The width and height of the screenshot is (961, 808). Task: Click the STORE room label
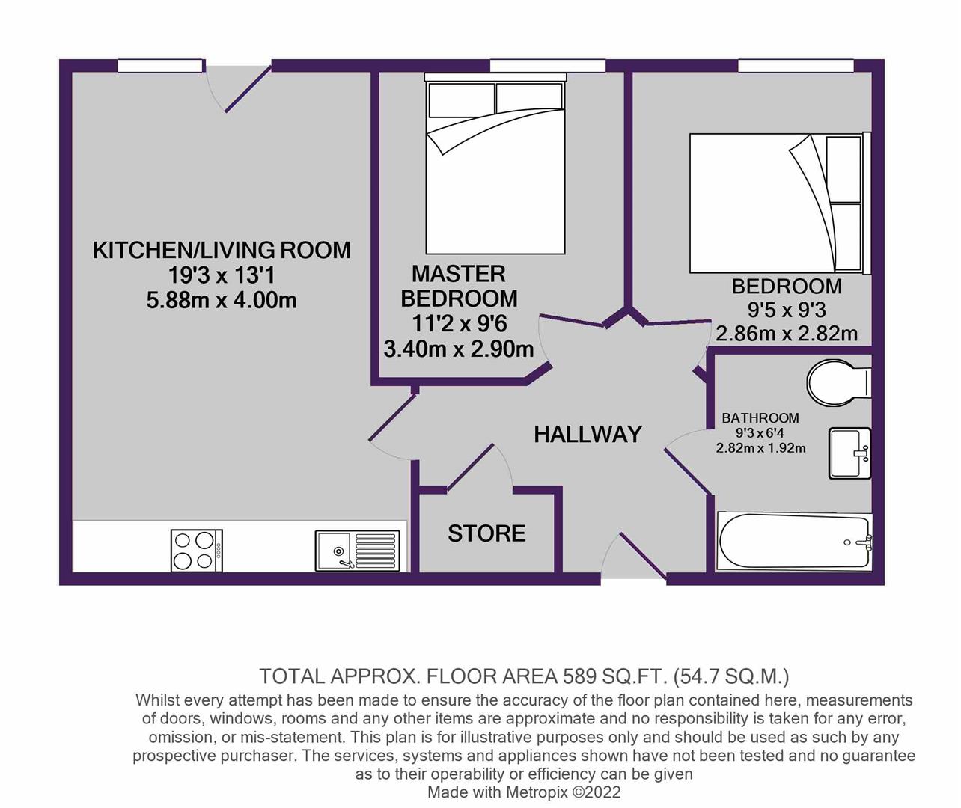[486, 533]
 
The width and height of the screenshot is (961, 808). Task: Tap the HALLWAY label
[588, 435]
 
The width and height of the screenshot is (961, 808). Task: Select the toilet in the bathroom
[839, 382]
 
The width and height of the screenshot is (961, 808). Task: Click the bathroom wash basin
[850, 453]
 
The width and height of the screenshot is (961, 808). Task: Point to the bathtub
[794, 542]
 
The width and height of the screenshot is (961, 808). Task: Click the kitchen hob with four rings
[197, 551]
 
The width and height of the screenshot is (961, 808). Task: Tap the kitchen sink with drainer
[358, 551]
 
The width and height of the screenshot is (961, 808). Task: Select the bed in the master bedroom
[495, 165]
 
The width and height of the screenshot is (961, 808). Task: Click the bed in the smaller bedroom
[780, 203]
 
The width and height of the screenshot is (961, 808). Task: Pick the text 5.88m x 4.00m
[222, 301]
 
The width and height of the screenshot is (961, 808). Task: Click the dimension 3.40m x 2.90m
[459, 349]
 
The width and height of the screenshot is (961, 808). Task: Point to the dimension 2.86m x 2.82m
[787, 334]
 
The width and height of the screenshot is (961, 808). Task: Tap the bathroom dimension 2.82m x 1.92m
[760, 447]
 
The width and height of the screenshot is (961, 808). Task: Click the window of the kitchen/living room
[160, 65]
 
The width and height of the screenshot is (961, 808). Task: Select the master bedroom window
[547, 65]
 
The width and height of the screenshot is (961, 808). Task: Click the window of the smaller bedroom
[796, 65]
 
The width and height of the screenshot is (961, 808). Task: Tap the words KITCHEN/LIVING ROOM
[222, 251]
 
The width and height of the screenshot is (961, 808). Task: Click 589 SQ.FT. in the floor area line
[614, 676]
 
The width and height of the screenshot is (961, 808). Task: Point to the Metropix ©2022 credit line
[524, 792]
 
